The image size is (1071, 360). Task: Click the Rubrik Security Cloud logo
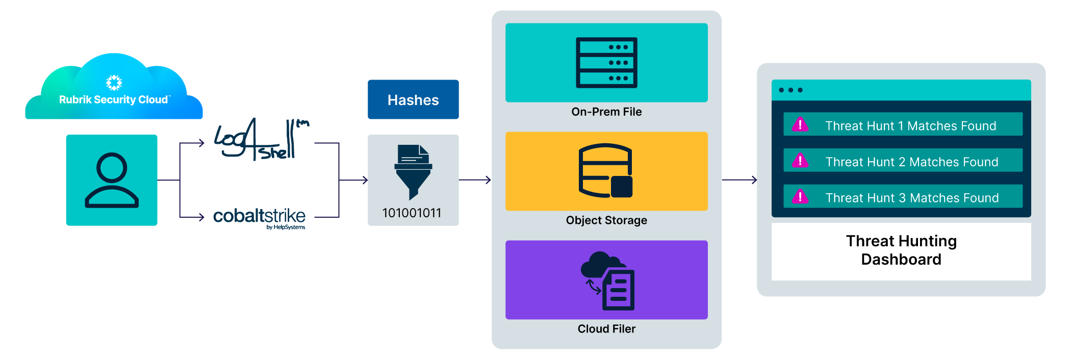point(114,89)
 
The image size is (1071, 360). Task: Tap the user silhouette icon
point(112,180)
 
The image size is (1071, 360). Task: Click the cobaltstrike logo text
point(259,217)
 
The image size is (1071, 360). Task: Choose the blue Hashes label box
point(413,99)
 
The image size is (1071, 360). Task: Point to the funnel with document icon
point(413,171)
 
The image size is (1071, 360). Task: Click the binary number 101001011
point(412,213)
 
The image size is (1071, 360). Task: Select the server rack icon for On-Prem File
point(606,62)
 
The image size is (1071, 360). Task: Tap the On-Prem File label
point(606,112)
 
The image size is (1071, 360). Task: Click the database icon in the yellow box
point(606,170)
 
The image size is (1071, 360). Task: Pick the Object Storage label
point(606,220)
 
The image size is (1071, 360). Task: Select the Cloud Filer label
point(606,329)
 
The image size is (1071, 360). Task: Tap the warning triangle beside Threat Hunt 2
point(800,161)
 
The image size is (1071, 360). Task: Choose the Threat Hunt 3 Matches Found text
point(912,198)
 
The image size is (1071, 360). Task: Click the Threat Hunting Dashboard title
point(901,250)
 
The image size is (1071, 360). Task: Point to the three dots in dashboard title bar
point(790,90)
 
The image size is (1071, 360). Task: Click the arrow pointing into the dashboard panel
point(739,180)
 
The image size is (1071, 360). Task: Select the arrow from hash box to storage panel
point(475,180)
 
